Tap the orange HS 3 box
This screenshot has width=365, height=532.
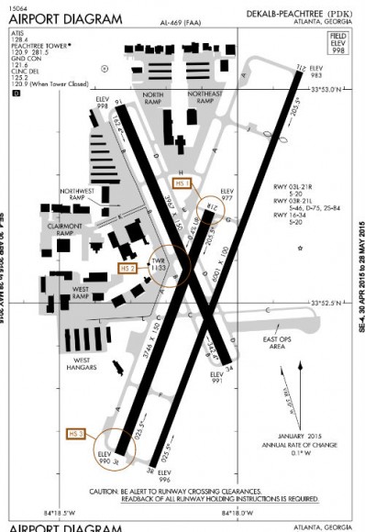77,432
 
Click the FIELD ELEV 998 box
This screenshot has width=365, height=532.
337,42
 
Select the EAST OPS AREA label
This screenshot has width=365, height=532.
276,343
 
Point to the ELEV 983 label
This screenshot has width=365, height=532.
316,72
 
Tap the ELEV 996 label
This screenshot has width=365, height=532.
165,476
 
